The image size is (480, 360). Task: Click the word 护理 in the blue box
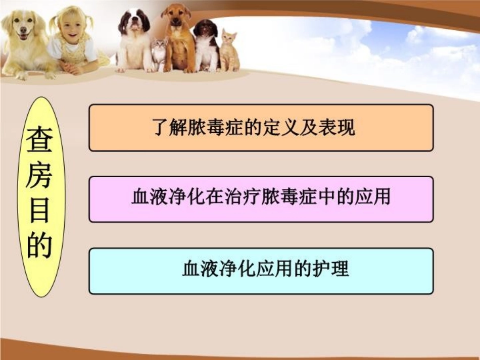pos(330,269)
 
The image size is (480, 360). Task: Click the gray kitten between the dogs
pos(160,54)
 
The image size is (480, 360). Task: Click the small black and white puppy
pos(206,45)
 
